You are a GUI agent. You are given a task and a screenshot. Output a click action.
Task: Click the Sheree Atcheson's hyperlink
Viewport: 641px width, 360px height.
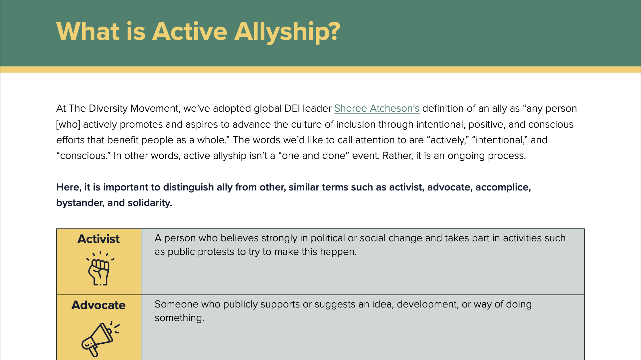pos(377,108)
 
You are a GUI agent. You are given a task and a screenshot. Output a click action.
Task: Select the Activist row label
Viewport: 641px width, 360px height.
pos(98,239)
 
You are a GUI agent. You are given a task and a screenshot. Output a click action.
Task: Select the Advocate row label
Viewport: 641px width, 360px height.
pos(98,305)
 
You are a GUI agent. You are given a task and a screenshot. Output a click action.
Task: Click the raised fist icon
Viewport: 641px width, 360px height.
pos(99,269)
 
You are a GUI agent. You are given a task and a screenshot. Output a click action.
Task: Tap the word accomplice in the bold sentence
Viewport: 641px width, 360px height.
pos(503,187)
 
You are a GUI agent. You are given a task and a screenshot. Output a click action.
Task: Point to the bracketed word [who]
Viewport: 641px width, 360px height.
pos(68,124)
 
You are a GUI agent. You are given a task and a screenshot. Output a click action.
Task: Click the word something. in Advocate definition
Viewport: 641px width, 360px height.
pos(179,318)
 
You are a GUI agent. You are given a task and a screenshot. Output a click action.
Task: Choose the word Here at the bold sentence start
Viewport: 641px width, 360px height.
pos(68,187)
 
